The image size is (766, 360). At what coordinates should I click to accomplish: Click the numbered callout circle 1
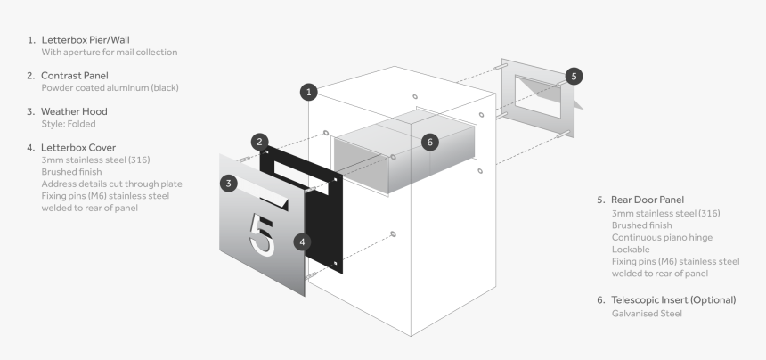click(x=308, y=92)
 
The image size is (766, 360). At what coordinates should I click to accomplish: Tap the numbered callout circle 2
click(x=259, y=141)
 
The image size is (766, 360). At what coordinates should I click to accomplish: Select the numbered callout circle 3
click(x=230, y=183)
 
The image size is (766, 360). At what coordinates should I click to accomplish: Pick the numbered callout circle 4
click(x=303, y=241)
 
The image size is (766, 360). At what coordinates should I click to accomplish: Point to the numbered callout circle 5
click(x=574, y=77)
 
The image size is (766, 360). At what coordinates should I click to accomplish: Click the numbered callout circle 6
click(x=430, y=142)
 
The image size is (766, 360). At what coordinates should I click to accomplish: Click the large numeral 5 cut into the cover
click(x=264, y=234)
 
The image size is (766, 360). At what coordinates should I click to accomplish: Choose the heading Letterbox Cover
click(x=78, y=147)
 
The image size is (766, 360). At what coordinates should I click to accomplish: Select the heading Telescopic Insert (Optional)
click(x=672, y=300)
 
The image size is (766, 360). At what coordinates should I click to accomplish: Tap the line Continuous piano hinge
click(x=664, y=238)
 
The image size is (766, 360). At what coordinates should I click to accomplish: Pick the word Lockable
click(x=631, y=250)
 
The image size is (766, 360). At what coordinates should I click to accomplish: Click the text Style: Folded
click(x=69, y=124)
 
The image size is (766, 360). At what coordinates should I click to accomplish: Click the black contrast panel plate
click(x=321, y=223)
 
